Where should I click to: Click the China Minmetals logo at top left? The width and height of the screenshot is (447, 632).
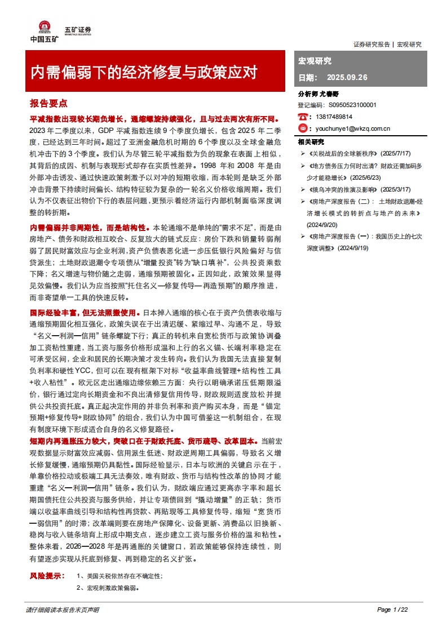[44, 30]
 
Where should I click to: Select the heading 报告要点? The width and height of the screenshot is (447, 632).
[48, 104]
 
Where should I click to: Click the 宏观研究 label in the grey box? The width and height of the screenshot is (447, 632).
[315, 61]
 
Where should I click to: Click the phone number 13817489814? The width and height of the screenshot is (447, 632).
[331, 117]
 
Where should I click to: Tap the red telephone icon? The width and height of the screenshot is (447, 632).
[303, 117]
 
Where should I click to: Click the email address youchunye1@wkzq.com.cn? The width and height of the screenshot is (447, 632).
[349, 128]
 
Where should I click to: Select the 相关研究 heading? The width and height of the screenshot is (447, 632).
[311, 141]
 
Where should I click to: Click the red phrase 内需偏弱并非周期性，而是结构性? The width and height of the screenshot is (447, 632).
[90, 227]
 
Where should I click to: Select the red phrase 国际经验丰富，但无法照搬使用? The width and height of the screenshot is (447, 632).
[83, 311]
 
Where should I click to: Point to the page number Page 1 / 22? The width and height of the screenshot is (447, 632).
[392, 609]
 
